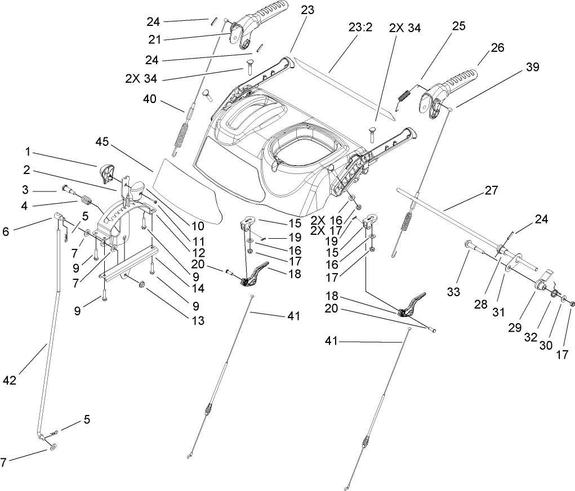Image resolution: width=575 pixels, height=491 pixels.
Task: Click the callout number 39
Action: (x=532, y=67)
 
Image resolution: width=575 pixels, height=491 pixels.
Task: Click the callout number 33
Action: (x=453, y=292)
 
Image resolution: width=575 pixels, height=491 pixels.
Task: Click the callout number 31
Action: (x=498, y=312)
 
